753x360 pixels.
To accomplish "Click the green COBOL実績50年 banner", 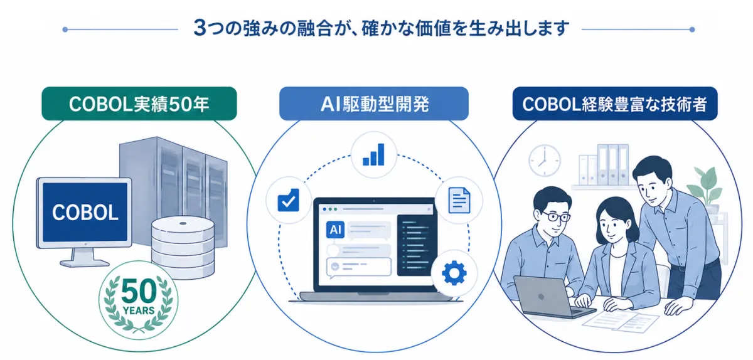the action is [x=139, y=103].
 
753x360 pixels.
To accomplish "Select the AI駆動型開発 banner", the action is [x=374, y=103].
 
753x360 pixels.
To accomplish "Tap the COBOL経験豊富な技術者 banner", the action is [x=615, y=103].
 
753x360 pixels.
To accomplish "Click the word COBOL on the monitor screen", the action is [x=85, y=213].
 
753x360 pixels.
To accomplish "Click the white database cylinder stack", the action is [x=183, y=247].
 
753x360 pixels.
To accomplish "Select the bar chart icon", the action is [x=373, y=155].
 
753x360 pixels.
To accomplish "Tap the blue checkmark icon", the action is [x=289, y=200].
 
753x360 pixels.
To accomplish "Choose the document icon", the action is [x=459, y=200].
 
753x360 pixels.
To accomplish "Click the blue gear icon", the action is [x=454, y=273].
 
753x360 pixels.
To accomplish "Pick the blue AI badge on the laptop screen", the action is [x=335, y=230].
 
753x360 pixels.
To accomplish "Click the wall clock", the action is [x=545, y=161].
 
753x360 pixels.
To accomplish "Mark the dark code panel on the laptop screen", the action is [x=416, y=245].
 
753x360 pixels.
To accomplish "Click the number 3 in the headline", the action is [x=200, y=28].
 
